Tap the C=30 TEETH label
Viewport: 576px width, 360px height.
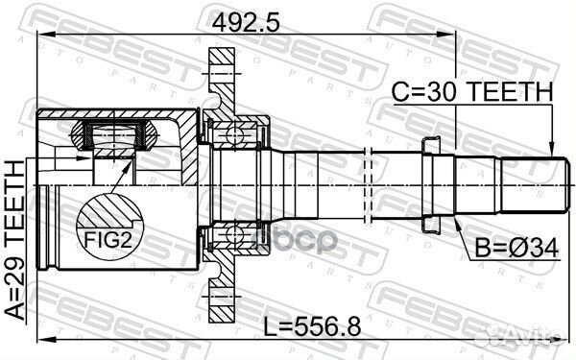[472, 92]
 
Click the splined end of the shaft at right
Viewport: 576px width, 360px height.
[526, 182]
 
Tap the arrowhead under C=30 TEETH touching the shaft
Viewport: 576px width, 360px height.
[551, 145]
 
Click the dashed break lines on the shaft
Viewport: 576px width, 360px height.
[369, 182]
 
